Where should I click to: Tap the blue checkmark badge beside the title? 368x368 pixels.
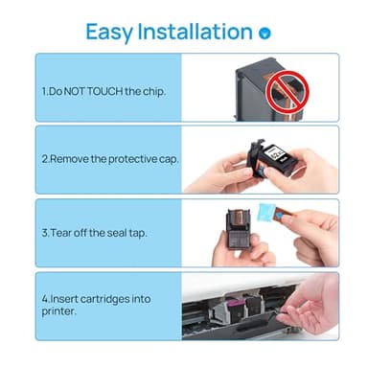click(265, 33)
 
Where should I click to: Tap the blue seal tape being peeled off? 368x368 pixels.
click(290, 217)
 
